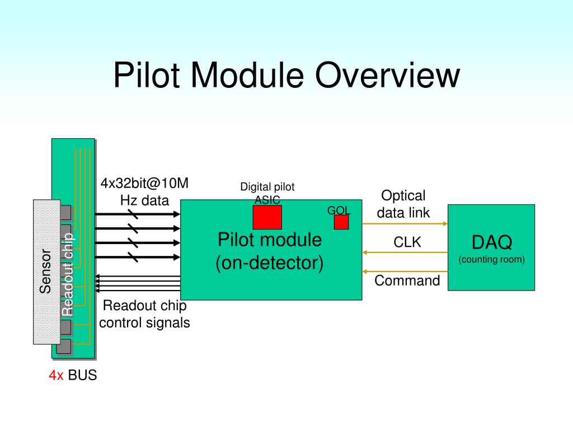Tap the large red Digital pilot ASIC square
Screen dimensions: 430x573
[x=267, y=217]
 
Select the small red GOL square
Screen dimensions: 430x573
[x=341, y=222]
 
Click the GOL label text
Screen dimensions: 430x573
[x=339, y=211]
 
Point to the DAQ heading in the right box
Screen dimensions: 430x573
[x=491, y=242]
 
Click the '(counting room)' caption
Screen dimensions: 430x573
[x=491, y=259]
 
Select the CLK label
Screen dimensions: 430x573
[x=407, y=242]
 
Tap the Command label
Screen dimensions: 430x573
[x=407, y=281]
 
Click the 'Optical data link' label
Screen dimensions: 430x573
[x=403, y=204]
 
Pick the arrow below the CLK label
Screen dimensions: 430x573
[x=405, y=253]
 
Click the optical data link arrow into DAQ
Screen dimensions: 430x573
[x=405, y=224]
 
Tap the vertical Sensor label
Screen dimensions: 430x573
[x=45, y=272]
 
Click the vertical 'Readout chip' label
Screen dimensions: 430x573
[x=67, y=274]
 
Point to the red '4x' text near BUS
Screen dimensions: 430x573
[x=56, y=375]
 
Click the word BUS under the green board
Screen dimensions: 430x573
[x=82, y=375]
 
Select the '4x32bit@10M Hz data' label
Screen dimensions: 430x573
[x=144, y=191]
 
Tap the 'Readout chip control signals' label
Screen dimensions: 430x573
[x=144, y=314]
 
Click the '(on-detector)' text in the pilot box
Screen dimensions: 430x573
[x=270, y=263]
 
